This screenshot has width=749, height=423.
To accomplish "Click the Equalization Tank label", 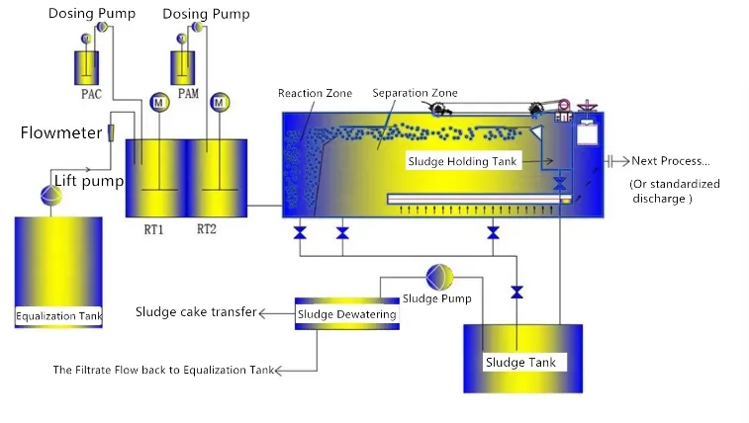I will click(60, 316).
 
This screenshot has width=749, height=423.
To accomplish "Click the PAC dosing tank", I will click(86, 67).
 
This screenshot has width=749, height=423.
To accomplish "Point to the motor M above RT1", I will click(158, 102).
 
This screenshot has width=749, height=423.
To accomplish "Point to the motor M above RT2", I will click(220, 102).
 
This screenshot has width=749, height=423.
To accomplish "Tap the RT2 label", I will click(207, 229).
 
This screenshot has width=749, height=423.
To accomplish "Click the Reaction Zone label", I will click(315, 94).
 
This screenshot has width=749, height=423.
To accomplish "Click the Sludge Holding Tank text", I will click(462, 160).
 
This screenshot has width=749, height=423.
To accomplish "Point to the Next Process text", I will click(670, 161).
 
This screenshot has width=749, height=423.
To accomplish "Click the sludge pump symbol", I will click(436, 277).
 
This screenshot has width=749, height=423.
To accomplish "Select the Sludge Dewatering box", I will click(347, 314).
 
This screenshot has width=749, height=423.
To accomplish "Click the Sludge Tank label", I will click(520, 362).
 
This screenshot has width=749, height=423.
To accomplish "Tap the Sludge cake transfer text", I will click(194, 312).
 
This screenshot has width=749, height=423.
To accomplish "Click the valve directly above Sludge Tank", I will click(515, 293).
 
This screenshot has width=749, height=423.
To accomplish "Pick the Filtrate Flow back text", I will click(162, 371).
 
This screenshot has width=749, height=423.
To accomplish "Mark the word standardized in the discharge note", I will click(687, 184).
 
